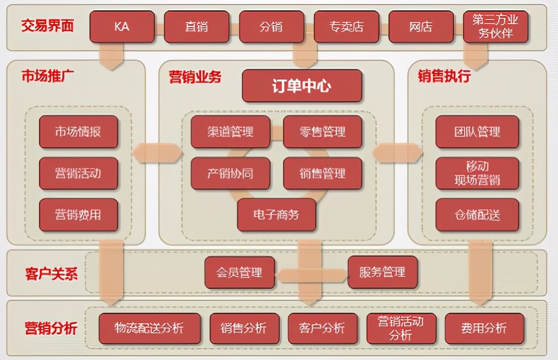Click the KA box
[x=122, y=27]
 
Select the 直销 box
[x=197, y=27]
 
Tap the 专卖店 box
[x=347, y=27]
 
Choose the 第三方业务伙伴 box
[x=496, y=27]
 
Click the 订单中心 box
[x=302, y=86]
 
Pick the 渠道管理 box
[x=230, y=132]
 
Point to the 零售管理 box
[x=323, y=132]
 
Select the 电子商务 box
[x=277, y=215]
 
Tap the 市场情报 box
[x=78, y=132]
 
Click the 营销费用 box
[x=78, y=215]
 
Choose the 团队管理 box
[x=477, y=132]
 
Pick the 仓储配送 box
[x=477, y=215]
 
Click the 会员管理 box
[x=239, y=272]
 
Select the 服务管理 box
[x=383, y=272]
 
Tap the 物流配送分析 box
[x=150, y=328]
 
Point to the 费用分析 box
[x=484, y=328]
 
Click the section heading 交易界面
[x=48, y=25]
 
